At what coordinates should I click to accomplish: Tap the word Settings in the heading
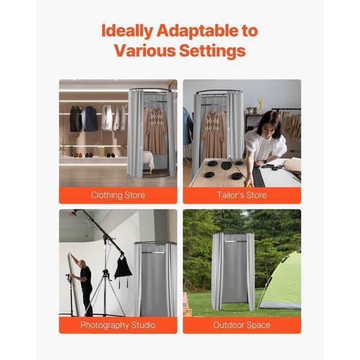[x=212, y=51]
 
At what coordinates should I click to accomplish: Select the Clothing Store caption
[x=118, y=195]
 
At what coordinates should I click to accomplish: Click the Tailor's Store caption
[x=242, y=195]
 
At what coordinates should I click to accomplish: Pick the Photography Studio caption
[x=118, y=325]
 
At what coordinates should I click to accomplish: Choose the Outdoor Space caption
[x=242, y=325]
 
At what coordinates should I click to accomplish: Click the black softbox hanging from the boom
[x=123, y=268]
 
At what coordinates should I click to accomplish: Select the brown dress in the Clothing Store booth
[x=155, y=131]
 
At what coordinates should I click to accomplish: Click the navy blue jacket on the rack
[x=89, y=119]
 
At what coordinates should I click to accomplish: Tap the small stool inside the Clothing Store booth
[x=148, y=163]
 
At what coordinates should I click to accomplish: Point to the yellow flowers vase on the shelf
[x=260, y=106]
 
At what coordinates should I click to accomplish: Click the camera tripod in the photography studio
[x=105, y=292]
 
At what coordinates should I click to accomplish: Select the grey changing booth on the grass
[x=233, y=272]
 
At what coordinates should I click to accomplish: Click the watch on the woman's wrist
[x=266, y=161]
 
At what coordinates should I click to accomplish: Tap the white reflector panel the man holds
[x=73, y=284]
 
